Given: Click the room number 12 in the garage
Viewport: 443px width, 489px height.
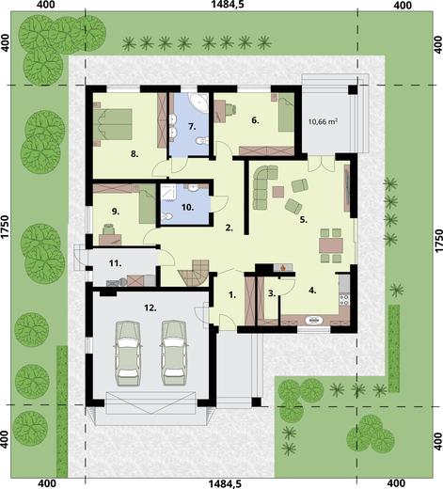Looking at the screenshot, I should pyautogui.click(x=149, y=307).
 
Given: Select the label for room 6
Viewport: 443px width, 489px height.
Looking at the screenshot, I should pyautogui.click(x=255, y=119).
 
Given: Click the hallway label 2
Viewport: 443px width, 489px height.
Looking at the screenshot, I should pyautogui.click(x=229, y=227).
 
